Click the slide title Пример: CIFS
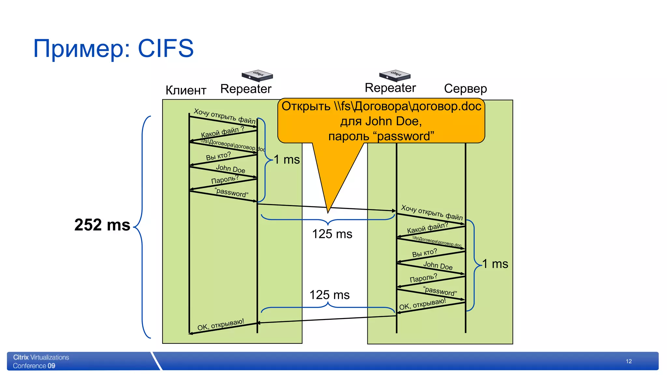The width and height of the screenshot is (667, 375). tap(113, 49)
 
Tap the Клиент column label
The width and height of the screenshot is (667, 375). tap(186, 90)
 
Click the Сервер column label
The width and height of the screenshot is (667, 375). tap(465, 89)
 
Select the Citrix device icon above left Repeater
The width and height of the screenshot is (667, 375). tap(257, 75)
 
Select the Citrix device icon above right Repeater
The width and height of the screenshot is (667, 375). tap(395, 75)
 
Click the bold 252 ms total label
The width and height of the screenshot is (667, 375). tap(102, 225)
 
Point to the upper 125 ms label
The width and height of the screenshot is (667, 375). tap(332, 234)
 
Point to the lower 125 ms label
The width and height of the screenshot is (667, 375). tap(329, 295)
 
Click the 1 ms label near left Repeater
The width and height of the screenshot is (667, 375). tap(287, 160)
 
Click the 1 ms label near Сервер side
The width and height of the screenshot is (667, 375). tap(495, 264)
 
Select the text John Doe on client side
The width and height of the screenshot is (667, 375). tap(230, 169)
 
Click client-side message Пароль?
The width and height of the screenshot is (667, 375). tap(225, 179)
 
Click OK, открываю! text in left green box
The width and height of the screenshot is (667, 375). tap(220, 325)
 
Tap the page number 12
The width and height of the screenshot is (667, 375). tap(629, 361)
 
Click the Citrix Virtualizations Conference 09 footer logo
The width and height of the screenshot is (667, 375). tap(41, 361)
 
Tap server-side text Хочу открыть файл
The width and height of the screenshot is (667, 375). tap(432, 212)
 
